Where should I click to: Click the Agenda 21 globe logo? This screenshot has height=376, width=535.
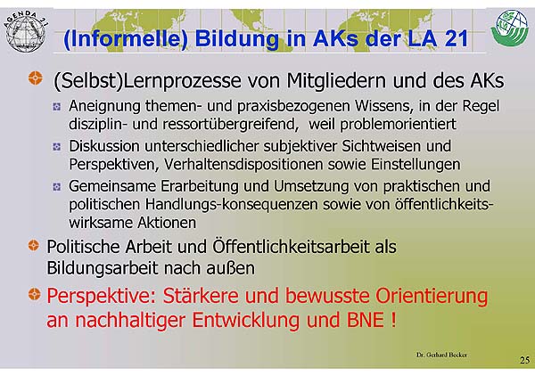25,32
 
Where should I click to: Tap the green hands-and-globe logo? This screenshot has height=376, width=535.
511,28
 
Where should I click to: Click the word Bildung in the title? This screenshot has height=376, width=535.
237,39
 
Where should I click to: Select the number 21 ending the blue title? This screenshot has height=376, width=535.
456,38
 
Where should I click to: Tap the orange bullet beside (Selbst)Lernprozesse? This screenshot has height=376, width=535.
36,78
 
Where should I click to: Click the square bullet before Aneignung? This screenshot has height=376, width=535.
57,107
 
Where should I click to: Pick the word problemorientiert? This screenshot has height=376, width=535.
398,125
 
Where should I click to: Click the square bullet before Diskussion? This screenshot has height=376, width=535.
57,147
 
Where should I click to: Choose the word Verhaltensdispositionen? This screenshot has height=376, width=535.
243,165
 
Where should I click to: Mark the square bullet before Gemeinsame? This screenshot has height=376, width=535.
57,187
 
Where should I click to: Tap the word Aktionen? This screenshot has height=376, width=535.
167,223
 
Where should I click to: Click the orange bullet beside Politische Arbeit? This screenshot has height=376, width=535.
34,245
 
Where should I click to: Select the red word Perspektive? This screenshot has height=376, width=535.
102,296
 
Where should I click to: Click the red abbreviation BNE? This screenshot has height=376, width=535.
366,320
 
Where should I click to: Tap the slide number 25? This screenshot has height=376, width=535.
525,360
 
